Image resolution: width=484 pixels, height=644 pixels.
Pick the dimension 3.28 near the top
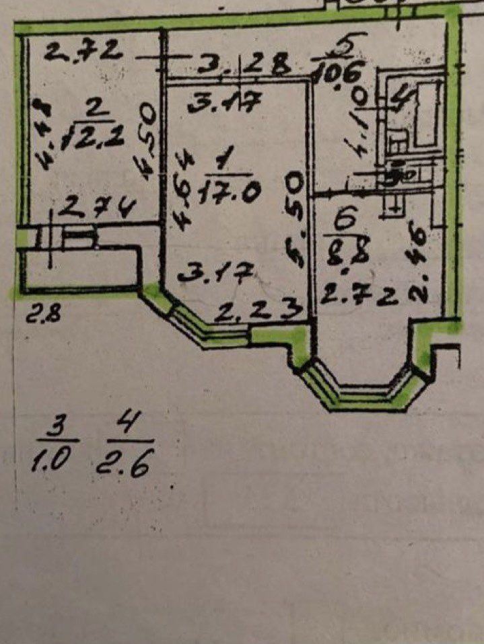coord(244,67)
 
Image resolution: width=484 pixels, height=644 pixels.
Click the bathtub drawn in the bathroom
coord(424,114)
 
